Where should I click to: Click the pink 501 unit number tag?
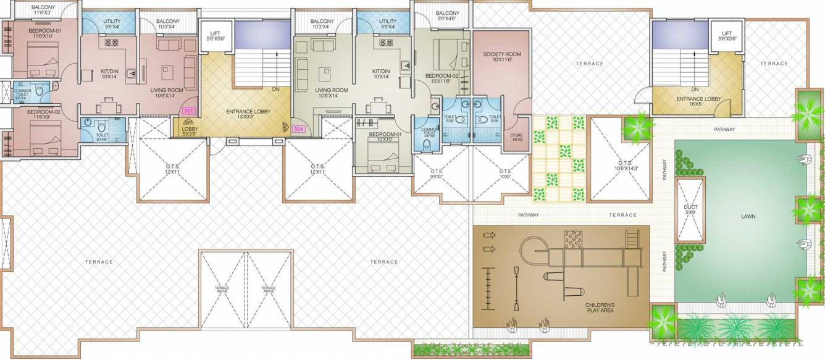188,111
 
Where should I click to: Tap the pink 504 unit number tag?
299,130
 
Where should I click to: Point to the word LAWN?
748,216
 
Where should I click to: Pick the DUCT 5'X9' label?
690,210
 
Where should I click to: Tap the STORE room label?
516,137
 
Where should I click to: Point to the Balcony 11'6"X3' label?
43,10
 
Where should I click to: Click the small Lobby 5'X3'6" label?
189,132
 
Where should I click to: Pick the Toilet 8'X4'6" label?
102,137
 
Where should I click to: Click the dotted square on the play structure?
572,239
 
